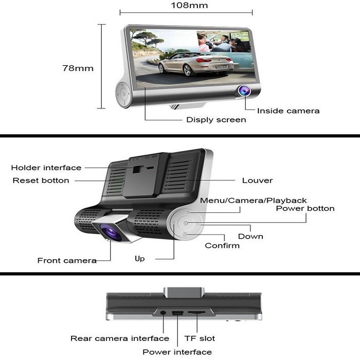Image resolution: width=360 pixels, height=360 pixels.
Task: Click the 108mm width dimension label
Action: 189,5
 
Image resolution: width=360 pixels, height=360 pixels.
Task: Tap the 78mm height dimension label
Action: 78,68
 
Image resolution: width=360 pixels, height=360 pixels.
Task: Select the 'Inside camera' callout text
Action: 288,111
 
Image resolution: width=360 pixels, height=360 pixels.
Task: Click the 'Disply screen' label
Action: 216,120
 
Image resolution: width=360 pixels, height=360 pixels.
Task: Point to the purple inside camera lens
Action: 244,91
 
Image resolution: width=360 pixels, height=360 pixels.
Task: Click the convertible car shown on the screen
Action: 196,64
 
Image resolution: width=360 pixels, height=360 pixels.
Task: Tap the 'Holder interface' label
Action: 46,168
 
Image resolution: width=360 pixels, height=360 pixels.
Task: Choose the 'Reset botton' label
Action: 41,181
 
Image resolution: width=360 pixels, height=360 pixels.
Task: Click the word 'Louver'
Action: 257,181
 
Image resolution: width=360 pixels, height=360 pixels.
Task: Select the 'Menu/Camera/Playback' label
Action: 253,201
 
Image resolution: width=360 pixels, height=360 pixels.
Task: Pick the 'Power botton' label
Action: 305,208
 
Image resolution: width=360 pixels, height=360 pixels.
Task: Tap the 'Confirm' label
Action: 222,245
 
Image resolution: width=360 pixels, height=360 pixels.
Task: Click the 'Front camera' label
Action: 67,261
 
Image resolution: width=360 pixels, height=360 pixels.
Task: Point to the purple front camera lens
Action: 111,231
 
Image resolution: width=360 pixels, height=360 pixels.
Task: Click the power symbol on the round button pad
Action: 186,223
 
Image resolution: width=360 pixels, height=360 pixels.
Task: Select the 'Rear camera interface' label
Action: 120,338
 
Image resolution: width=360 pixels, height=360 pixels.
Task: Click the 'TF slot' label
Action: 200,338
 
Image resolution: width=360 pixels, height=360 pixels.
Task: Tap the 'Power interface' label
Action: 177,352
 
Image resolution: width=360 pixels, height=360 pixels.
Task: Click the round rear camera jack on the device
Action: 163,313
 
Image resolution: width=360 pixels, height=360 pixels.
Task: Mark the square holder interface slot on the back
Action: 136,170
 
